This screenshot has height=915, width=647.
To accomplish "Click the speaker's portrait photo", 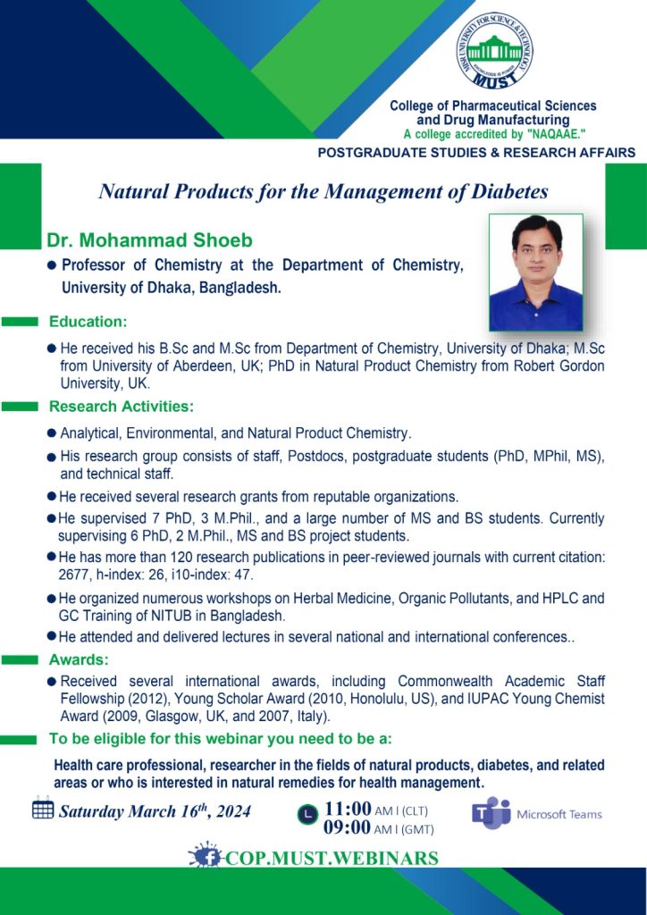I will click(x=536, y=273).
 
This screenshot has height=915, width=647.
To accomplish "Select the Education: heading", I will click(x=88, y=321).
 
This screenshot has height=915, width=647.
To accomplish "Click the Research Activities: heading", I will click(x=122, y=407).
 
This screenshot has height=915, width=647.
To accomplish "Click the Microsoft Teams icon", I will click(x=491, y=813).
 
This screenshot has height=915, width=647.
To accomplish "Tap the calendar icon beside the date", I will click(x=43, y=810).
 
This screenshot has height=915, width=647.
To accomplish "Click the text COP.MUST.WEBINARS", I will click(x=332, y=858).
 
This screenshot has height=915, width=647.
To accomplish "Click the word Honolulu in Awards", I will click(x=405, y=698).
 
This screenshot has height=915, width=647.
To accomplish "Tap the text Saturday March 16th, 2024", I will click(x=155, y=811).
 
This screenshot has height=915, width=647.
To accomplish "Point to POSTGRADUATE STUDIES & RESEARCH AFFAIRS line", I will click(x=476, y=153).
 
